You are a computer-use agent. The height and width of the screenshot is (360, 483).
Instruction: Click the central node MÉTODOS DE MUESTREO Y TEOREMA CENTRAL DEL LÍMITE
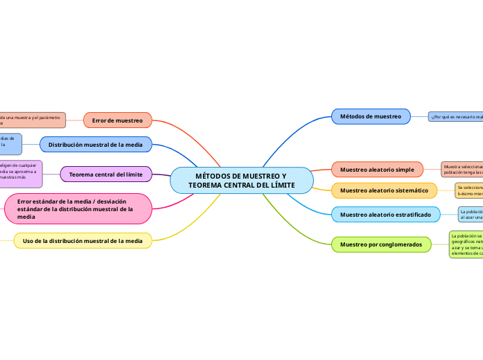coord(241,181)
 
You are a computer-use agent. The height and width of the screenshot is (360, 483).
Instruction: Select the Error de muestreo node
coord(117,120)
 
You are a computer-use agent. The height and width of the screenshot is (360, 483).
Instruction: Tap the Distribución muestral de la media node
coord(96,145)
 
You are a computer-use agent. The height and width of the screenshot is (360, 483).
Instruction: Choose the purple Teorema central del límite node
coord(105,174)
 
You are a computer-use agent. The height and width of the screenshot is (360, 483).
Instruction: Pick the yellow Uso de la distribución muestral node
coord(82,241)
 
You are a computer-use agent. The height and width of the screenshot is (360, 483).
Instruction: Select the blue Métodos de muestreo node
coord(371,116)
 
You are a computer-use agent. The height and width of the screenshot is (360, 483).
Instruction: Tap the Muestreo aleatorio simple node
coord(377,170)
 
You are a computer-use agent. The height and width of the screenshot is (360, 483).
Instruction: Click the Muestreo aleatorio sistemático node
coord(384,190)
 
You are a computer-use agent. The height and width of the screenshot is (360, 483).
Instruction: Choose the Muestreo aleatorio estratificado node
coord(385,215)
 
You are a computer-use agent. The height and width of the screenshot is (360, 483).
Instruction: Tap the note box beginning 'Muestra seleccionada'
coord(462,170)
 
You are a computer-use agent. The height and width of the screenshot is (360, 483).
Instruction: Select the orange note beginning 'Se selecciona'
coord(468,190)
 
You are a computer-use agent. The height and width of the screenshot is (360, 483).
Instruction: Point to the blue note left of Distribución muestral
coord(10,143)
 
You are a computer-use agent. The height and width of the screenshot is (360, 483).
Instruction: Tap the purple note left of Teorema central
coord(20,174)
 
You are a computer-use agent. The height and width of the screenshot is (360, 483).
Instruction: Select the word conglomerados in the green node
coord(397,244)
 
